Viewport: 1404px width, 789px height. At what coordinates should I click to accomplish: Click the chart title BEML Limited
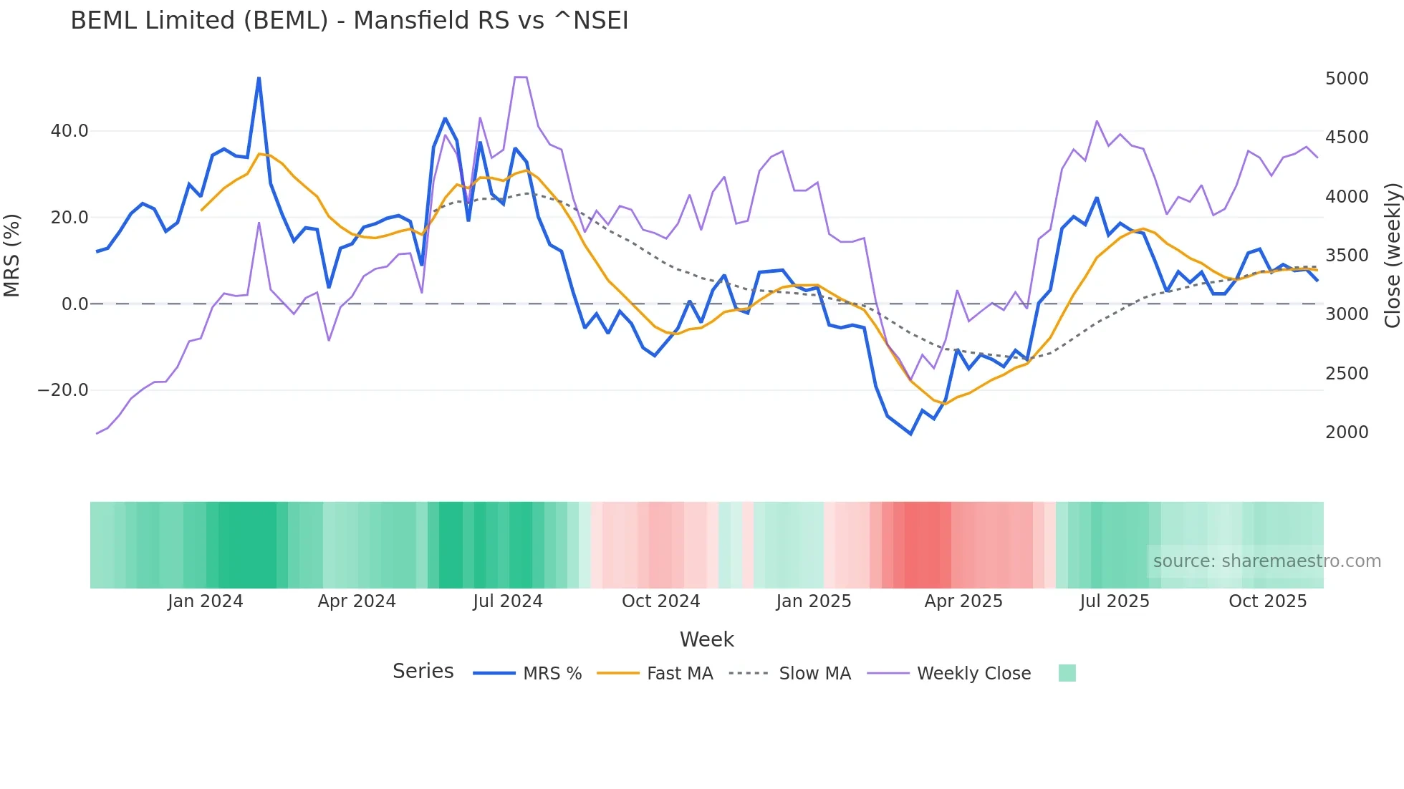click(349, 21)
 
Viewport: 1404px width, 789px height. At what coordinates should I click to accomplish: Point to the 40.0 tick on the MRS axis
click(69, 131)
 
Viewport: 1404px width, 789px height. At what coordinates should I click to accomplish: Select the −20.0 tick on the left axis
click(63, 390)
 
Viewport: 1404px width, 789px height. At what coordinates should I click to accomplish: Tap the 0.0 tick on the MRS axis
click(74, 304)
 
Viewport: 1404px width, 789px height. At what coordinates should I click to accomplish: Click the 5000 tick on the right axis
click(1346, 79)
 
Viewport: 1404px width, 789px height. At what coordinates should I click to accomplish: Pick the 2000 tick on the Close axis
click(1346, 432)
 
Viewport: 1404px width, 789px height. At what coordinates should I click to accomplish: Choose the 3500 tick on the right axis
click(1346, 256)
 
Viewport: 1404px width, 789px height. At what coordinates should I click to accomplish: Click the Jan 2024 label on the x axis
click(205, 601)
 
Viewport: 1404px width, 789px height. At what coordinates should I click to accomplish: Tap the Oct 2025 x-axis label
click(1267, 601)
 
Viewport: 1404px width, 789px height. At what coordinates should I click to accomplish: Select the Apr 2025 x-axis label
click(963, 601)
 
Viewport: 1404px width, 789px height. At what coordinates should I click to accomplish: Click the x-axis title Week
click(706, 639)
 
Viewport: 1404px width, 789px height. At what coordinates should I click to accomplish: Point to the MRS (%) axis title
click(12, 255)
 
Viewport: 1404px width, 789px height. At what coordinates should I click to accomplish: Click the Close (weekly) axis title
click(1392, 256)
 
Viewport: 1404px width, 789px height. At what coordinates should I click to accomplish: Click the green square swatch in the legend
click(1067, 673)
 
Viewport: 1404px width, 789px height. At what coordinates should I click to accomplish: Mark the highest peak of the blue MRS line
click(259, 78)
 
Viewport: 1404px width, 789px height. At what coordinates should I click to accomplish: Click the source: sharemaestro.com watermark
click(1266, 561)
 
